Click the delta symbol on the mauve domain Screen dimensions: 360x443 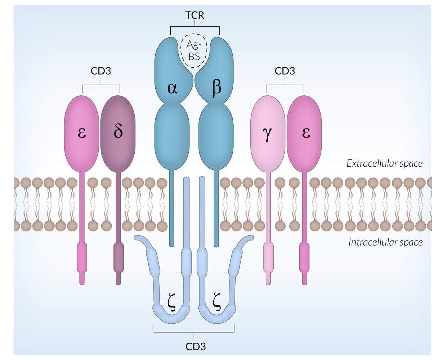coord(118,132)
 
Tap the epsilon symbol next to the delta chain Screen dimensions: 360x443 coord(82,132)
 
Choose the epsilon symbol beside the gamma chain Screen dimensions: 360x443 coord(306,132)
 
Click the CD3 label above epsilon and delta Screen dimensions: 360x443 coord(101,71)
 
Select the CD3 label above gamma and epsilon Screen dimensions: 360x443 coord(285,71)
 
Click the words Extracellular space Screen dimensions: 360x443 coord(384,163)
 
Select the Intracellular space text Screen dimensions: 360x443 coord(385,242)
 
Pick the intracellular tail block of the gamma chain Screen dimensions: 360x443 coord(268,257)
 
